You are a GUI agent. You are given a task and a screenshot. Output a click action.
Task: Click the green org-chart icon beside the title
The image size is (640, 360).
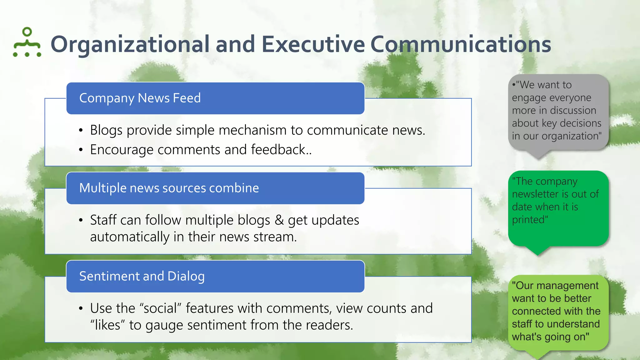(x=27, y=42)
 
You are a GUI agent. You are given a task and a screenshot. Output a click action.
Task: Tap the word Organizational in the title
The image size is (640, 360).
(x=130, y=44)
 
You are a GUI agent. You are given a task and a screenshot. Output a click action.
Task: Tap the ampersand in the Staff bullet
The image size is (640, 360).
(x=279, y=220)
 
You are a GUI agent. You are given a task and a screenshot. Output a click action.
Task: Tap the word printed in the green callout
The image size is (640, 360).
(x=529, y=220)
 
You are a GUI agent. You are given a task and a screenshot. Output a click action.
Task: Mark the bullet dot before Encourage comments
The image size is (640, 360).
(x=81, y=150)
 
